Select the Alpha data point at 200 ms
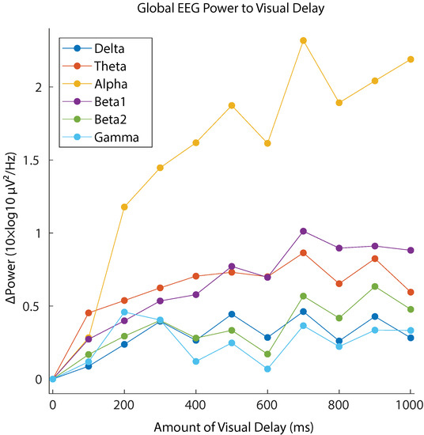pyautogui.click(x=124, y=207)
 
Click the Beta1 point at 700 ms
pyautogui.click(x=304, y=231)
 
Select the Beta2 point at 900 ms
pyautogui.click(x=375, y=286)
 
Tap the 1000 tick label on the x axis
pyautogui.click(x=410, y=402)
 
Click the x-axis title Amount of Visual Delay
pyautogui.click(x=230, y=424)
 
